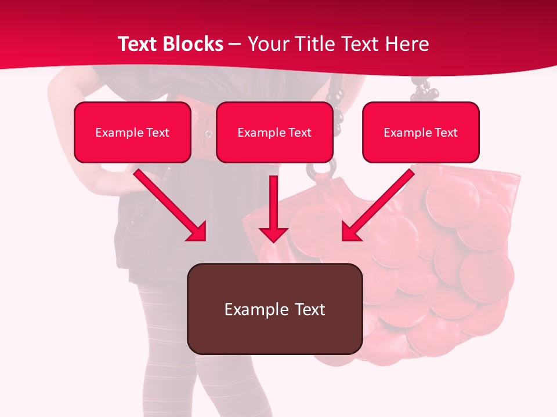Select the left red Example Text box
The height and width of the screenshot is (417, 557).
click(132, 132)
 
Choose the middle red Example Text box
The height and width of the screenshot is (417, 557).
click(274, 132)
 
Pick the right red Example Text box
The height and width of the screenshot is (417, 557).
click(421, 132)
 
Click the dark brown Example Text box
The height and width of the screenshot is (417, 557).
click(274, 309)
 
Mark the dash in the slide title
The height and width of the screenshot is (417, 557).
click(236, 44)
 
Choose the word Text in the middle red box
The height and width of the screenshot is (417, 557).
click(300, 133)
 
